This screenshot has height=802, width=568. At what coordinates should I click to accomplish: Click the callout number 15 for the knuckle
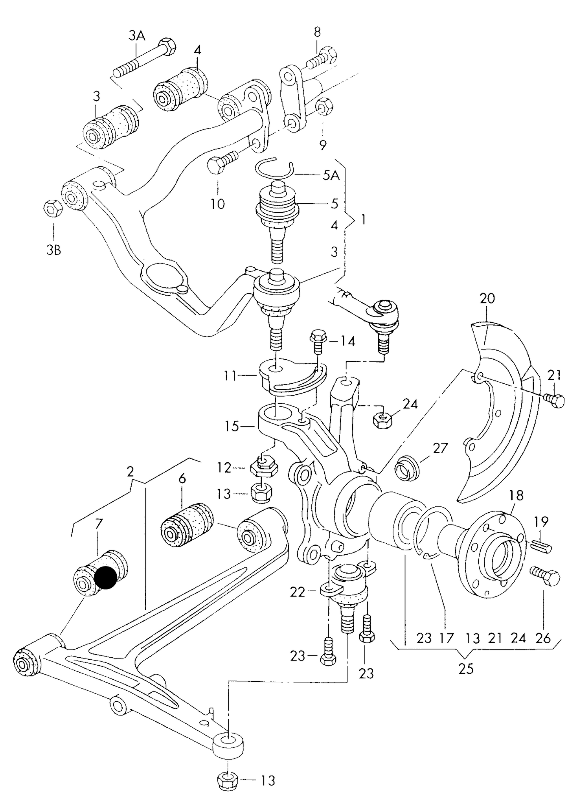click(233, 426)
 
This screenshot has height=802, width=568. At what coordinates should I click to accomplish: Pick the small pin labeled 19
click(542, 547)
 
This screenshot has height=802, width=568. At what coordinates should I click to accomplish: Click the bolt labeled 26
click(546, 577)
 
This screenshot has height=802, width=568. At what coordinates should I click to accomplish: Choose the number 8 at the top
click(317, 32)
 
